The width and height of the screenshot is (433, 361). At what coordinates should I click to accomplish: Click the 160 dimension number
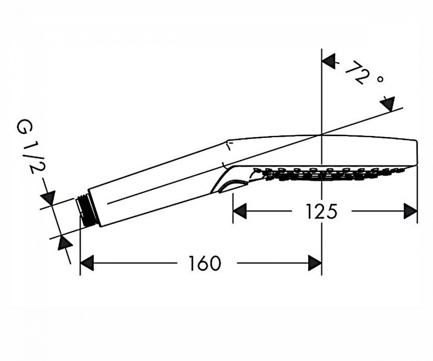[205, 263]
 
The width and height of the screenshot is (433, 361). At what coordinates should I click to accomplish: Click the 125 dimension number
[322, 211]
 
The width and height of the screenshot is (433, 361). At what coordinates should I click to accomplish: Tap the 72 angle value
[356, 73]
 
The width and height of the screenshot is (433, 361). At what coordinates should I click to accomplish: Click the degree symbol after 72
[380, 79]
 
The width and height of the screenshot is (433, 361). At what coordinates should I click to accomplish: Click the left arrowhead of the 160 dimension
[87, 263]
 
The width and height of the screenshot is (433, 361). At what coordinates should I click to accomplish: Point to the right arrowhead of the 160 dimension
[315, 263]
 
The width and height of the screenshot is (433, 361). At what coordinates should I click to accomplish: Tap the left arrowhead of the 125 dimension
[240, 211]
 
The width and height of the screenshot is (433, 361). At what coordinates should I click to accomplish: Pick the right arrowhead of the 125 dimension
[410, 211]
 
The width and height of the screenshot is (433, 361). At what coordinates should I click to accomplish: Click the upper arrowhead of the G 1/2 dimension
[49, 198]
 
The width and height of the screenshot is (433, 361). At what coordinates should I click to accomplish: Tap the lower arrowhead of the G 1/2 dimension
[64, 243]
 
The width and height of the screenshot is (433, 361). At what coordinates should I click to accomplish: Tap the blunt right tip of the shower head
[416, 153]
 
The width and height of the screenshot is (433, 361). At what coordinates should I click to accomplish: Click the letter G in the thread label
[26, 127]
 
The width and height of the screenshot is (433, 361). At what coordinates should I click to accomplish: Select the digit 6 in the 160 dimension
[205, 263]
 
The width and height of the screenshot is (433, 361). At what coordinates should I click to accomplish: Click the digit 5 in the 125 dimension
[332, 211]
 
